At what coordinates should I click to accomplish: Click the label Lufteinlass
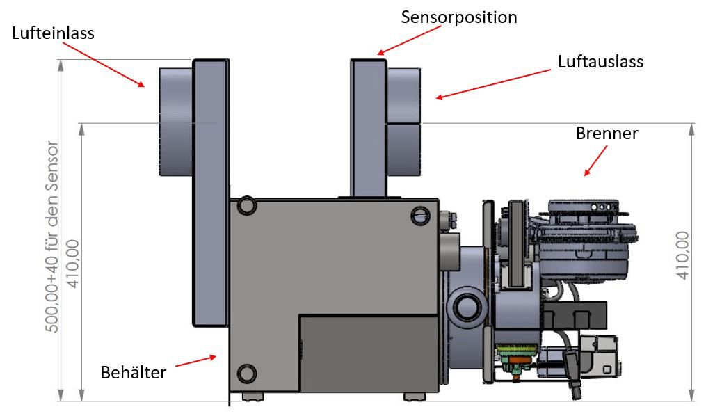(x=53, y=33)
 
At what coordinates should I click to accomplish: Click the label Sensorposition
(x=459, y=17)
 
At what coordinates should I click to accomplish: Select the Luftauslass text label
(x=600, y=61)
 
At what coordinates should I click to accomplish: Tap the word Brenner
(x=607, y=134)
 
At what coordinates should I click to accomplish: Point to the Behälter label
(x=134, y=372)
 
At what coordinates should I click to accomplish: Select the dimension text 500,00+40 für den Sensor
(x=53, y=237)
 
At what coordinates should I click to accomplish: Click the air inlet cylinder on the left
(x=175, y=122)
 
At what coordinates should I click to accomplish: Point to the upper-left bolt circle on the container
(x=246, y=206)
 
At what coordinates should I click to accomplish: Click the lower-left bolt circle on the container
(x=246, y=374)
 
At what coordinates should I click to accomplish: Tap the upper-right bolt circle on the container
(x=421, y=217)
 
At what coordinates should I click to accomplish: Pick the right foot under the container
(x=415, y=397)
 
